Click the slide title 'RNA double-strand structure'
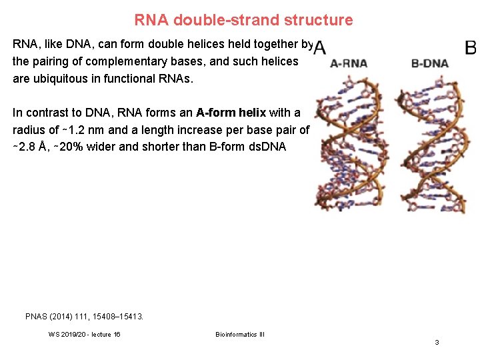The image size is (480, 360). (243, 20)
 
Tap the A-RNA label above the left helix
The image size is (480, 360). (349, 63)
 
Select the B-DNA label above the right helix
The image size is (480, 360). (430, 63)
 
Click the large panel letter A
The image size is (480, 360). (320, 48)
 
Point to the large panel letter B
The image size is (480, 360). (471, 48)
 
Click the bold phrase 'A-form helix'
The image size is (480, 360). (231, 113)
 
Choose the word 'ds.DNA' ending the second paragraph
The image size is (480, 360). (268, 147)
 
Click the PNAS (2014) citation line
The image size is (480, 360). (84, 316)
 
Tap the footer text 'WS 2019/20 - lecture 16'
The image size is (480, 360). (85, 334)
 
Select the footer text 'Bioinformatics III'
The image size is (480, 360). (240, 334)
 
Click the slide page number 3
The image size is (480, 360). (437, 342)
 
